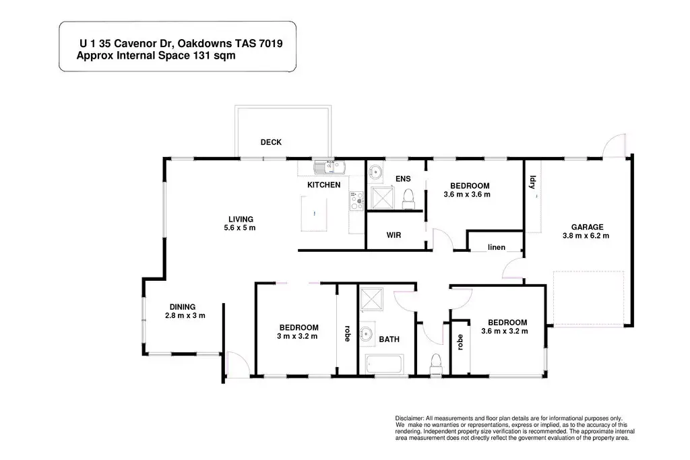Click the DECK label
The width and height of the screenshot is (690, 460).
pos(271,142)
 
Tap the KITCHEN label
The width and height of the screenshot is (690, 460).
pos(324,185)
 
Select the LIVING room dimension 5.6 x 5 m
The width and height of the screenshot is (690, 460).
pos(241,228)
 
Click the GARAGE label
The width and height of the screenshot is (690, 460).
pos(587,227)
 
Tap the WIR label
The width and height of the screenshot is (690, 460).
pos(394,236)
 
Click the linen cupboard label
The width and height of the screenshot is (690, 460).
pos(496,247)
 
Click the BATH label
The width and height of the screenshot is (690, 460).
pos(389,339)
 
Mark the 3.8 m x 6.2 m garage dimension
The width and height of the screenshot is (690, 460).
pos(586,236)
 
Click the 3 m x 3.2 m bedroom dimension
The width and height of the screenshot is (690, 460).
pos(296,336)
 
